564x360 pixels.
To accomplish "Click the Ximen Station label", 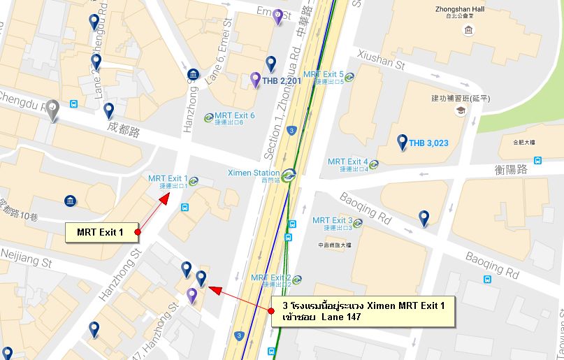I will pyautogui.click(x=254, y=173).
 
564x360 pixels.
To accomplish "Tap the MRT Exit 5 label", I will pyautogui.click(x=323, y=74).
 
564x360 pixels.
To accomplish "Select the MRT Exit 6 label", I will pyautogui.click(x=234, y=115).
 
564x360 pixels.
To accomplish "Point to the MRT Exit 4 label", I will pyautogui.click(x=347, y=161).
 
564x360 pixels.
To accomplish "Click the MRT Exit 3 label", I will pyautogui.click(x=332, y=220).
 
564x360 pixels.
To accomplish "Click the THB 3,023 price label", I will pyautogui.click(x=428, y=143).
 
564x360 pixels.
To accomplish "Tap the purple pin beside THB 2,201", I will pyautogui.click(x=255, y=79).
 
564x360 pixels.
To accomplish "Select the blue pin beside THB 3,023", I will pyautogui.click(x=402, y=142).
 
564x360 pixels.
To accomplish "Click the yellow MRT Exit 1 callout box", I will pyautogui.click(x=99, y=232).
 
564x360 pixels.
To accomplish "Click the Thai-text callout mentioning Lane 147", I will pyautogui.click(x=363, y=312).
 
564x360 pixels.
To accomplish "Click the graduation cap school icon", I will pyautogui.click(x=460, y=110).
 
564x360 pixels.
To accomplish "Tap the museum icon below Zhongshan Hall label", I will pyautogui.click(x=467, y=31).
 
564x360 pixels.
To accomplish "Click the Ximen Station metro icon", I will pyautogui.click(x=289, y=173).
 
